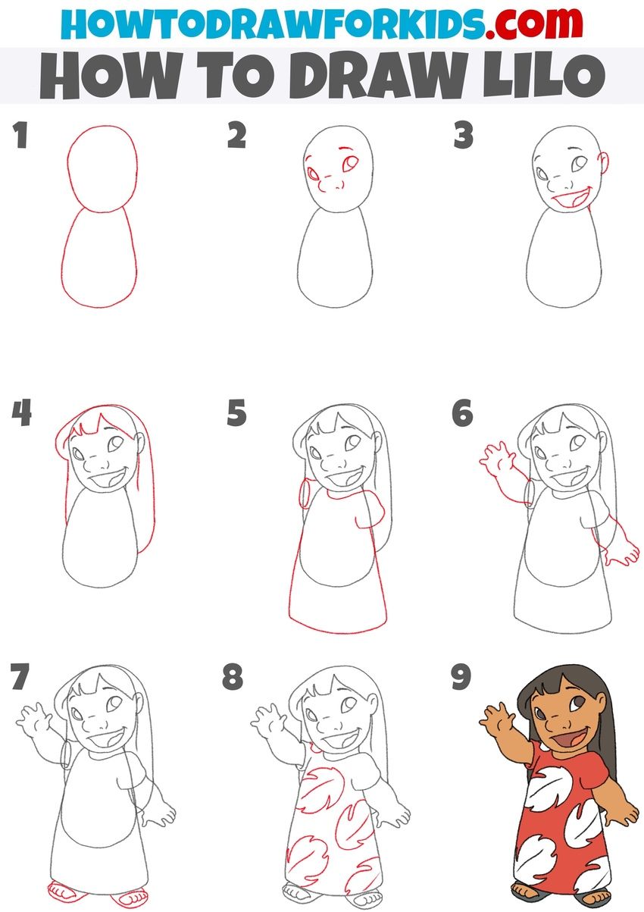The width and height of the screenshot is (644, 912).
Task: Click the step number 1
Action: [x=20, y=137]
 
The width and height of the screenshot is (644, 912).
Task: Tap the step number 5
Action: [x=236, y=414]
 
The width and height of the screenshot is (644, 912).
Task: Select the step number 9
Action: [x=461, y=677]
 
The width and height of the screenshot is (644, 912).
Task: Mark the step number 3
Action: [x=463, y=137]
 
